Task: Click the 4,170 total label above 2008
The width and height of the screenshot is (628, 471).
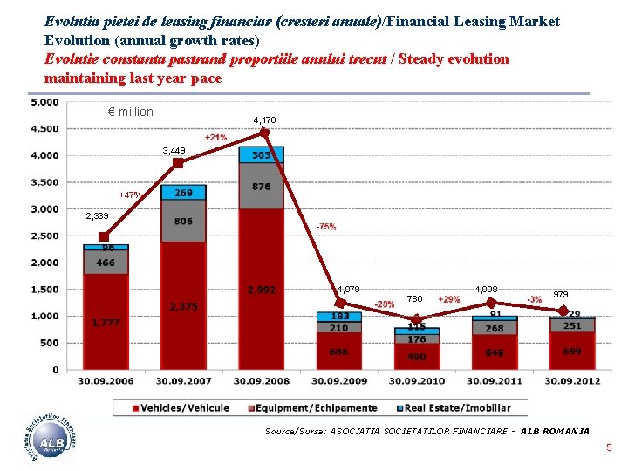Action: pyautogui.click(x=264, y=119)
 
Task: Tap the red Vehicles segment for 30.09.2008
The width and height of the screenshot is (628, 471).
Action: pyautogui.click(x=262, y=288)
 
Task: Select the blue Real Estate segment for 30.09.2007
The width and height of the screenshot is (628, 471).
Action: pyautogui.click(x=183, y=193)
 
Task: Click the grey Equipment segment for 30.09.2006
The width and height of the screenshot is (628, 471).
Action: pyautogui.click(x=106, y=263)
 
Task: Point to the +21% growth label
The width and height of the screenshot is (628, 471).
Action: pyautogui.click(x=215, y=138)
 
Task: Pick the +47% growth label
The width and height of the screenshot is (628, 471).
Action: pyautogui.click(x=131, y=195)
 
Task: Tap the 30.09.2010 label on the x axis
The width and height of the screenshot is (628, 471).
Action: pyautogui.click(x=417, y=381)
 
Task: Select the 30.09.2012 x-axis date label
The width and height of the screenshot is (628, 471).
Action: pyautogui.click(x=572, y=381)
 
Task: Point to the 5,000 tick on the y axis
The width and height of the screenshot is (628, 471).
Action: pyautogui.click(x=44, y=102)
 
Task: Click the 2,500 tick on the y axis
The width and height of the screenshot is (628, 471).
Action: pyautogui.click(x=44, y=236)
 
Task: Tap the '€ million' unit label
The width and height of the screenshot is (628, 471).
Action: pyautogui.click(x=130, y=112)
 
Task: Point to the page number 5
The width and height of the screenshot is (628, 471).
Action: pyautogui.click(x=610, y=448)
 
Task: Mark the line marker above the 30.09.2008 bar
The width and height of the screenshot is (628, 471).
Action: pyautogui.click(x=264, y=133)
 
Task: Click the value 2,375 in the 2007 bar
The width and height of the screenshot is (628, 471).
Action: pyautogui.click(x=183, y=306)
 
